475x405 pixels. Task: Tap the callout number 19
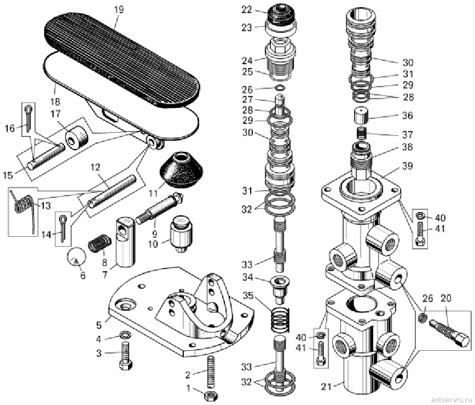(119, 9)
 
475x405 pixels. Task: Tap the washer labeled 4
(125, 335)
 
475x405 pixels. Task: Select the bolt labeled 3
(125, 356)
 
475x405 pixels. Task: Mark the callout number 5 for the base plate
(99, 324)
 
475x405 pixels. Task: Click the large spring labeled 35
(280, 322)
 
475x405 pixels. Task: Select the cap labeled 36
(361, 115)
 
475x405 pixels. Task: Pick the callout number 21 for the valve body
(326, 386)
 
